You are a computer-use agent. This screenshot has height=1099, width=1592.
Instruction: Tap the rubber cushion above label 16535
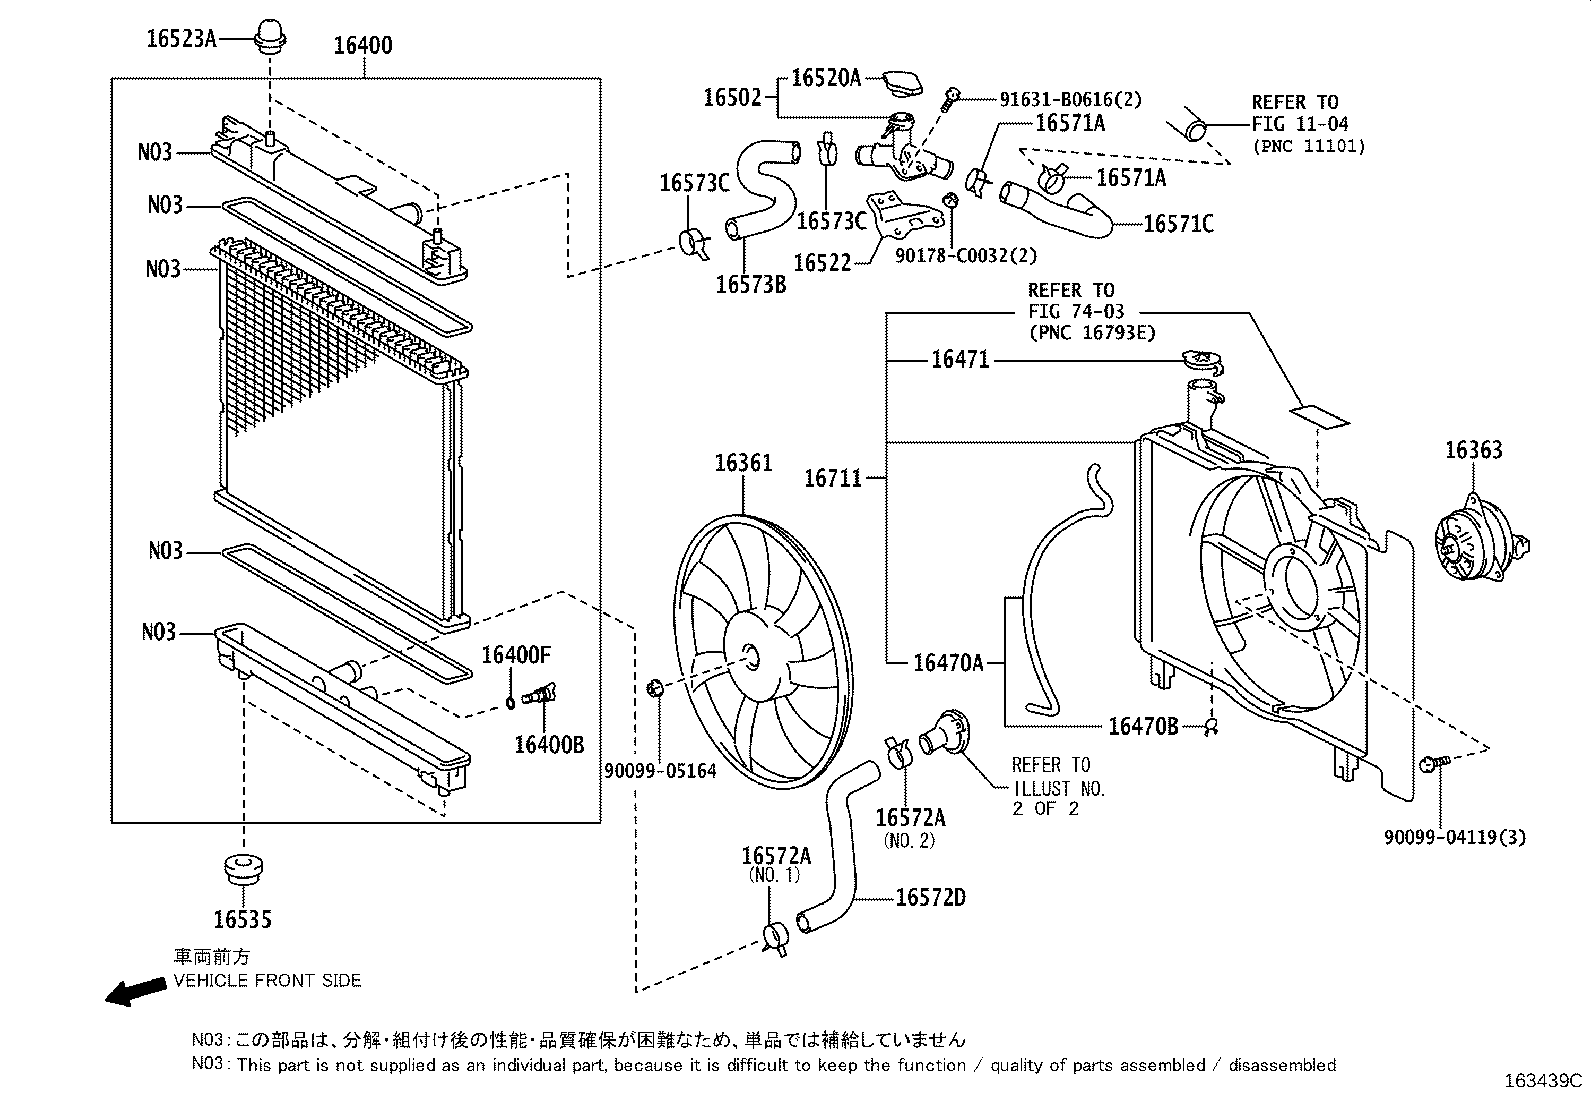click(x=243, y=869)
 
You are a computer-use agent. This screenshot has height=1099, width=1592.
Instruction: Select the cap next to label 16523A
click(x=272, y=36)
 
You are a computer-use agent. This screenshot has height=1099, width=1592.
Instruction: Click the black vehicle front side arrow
click(x=136, y=990)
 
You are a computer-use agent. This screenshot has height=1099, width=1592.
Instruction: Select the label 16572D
click(x=930, y=897)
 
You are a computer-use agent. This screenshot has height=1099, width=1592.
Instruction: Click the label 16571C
click(x=1177, y=224)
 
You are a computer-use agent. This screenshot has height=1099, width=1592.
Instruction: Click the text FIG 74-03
click(x=1069, y=312)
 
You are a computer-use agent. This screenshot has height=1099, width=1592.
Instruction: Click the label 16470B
click(x=1142, y=726)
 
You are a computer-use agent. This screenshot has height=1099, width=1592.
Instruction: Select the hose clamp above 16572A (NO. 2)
click(x=898, y=751)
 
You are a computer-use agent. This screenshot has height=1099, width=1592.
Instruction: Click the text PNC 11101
click(x=1309, y=146)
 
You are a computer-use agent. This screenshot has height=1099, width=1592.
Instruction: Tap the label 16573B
click(x=750, y=284)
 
